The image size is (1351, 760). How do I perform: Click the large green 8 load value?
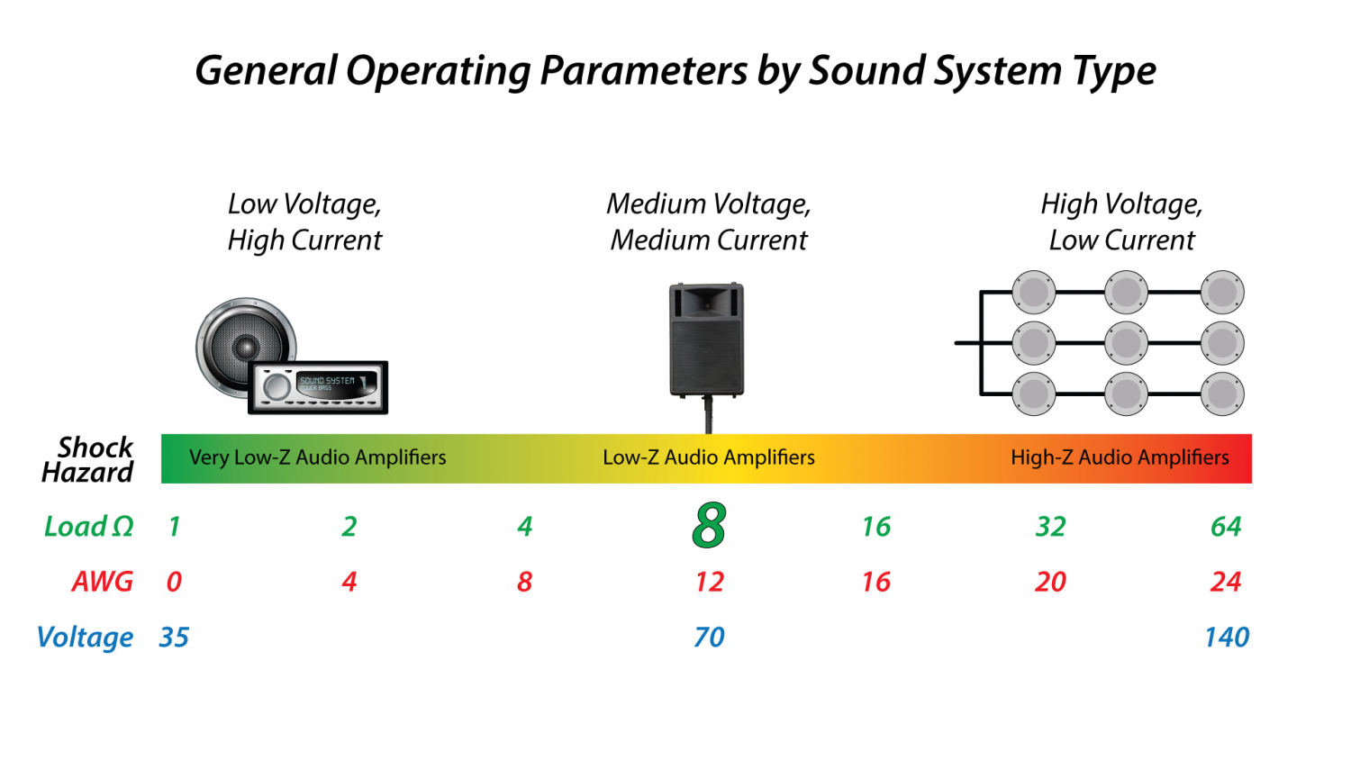coord(709,526)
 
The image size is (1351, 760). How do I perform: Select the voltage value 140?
coord(1227,638)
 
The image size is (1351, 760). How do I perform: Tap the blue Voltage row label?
coord(86,638)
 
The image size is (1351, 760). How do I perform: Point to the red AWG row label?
coord(102,582)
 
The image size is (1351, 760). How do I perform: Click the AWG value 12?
coord(709,582)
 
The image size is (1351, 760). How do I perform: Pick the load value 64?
coord(1226,527)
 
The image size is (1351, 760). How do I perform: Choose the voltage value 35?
coord(174,638)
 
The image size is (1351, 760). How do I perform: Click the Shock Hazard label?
coord(88,459)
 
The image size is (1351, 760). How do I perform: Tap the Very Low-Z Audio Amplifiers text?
coord(317,457)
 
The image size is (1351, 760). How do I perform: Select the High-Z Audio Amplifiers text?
coord(1120,457)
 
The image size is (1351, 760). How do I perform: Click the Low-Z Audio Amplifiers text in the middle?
coord(709,457)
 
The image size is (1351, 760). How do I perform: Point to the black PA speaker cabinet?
coord(707,340)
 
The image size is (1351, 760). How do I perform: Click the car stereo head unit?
coord(317,387)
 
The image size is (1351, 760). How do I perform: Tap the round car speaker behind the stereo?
coord(241,342)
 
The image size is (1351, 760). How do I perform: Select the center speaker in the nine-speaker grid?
coord(1126,343)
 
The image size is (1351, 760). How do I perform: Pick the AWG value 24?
coord(1226,582)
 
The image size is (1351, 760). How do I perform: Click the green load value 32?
coord(1050,527)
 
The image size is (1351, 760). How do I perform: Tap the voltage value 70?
coord(709,638)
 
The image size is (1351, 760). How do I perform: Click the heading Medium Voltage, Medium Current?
coord(709,222)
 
